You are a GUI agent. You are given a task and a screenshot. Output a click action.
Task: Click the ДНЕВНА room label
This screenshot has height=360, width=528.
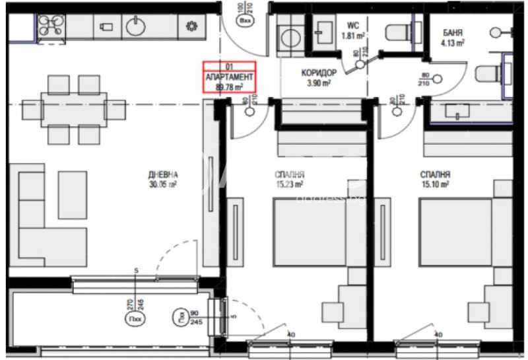point(163,175)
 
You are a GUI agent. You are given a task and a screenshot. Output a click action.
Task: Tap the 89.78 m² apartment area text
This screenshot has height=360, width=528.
point(229,86)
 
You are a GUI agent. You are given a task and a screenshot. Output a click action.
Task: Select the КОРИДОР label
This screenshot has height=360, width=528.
point(319,73)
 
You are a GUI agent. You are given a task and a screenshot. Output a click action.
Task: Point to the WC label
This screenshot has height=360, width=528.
point(354,26)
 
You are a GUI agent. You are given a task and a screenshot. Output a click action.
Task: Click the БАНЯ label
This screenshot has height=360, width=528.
point(452,32)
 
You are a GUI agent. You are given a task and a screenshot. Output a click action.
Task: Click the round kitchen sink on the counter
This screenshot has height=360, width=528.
point(137,26)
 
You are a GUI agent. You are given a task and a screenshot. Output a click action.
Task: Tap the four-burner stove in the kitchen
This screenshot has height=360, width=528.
point(49,27)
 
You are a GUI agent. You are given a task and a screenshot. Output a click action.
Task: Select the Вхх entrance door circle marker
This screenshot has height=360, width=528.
point(246,20)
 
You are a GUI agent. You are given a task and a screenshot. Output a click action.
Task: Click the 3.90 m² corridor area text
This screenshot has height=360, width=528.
point(319,83)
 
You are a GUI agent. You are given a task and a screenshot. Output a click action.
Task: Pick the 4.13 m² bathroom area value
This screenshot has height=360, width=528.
point(453,44)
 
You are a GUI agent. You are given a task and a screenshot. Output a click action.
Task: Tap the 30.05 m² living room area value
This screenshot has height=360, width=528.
point(163,186)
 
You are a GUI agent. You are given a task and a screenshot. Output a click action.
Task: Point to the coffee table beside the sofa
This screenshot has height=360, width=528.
point(72,191)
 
